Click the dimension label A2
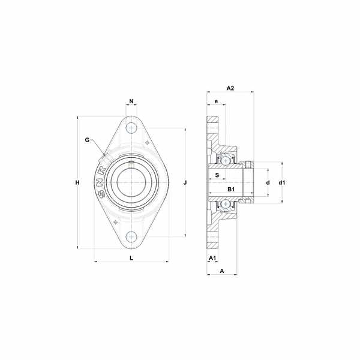pyautogui.click(x=230, y=88)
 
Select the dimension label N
pyautogui.click(x=131, y=101)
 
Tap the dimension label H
pyautogui.click(x=77, y=183)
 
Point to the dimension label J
pyautogui.click(x=185, y=183)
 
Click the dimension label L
pyautogui.click(x=131, y=258)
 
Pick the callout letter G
pyautogui.click(x=87, y=140)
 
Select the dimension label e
pyautogui.click(x=216, y=101)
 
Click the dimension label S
pyautogui.click(x=217, y=175)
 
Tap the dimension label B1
pyautogui.click(x=231, y=189)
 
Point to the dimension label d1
pyautogui.click(x=282, y=183)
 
